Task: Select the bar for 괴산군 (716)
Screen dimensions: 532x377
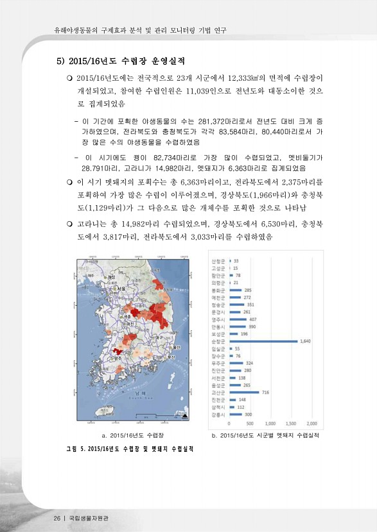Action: (x=243, y=392)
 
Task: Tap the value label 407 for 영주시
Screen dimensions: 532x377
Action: (x=253, y=319)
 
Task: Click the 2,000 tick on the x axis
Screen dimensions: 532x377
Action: (x=313, y=424)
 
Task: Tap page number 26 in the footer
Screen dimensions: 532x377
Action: (x=57, y=517)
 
